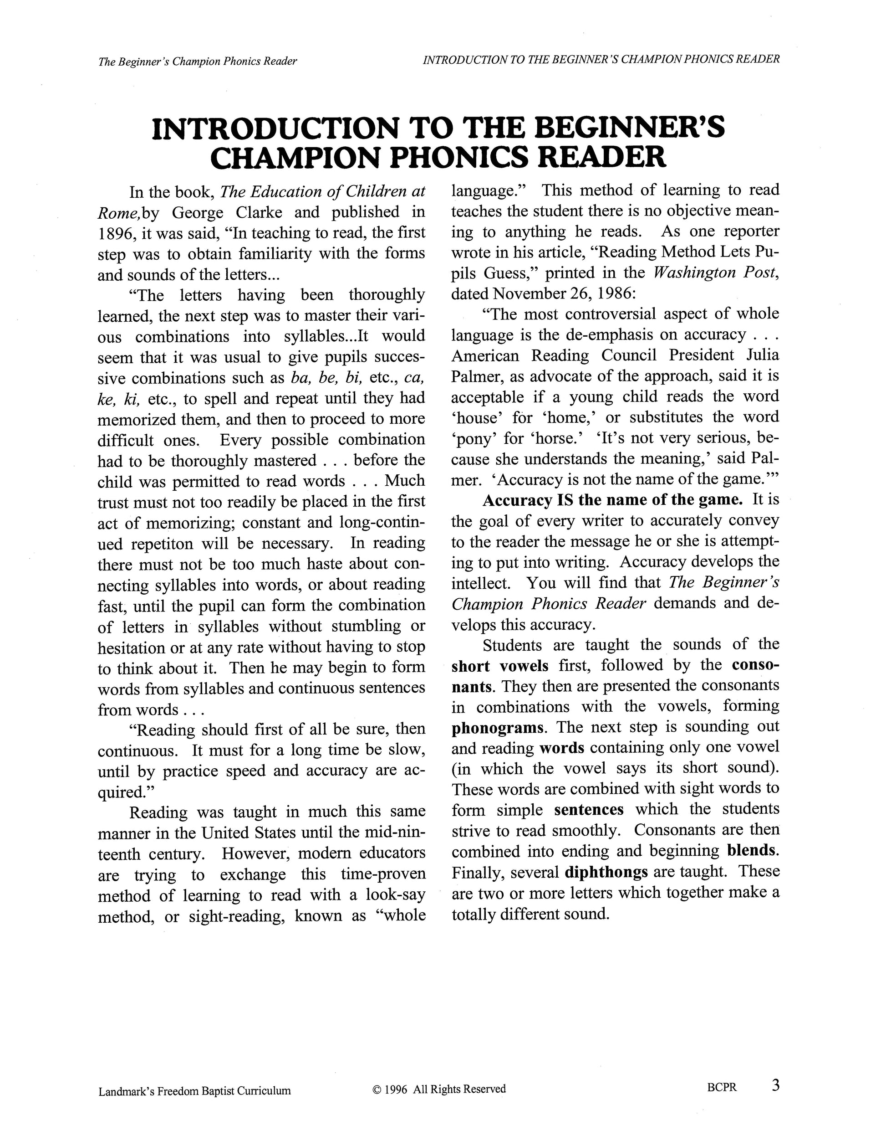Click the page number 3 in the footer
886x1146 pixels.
pyautogui.click(x=775, y=1084)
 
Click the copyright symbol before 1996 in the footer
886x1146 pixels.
pyautogui.click(x=376, y=1089)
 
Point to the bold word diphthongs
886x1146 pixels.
pyautogui.click(x=606, y=872)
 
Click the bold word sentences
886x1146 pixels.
pyautogui.click(x=589, y=810)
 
